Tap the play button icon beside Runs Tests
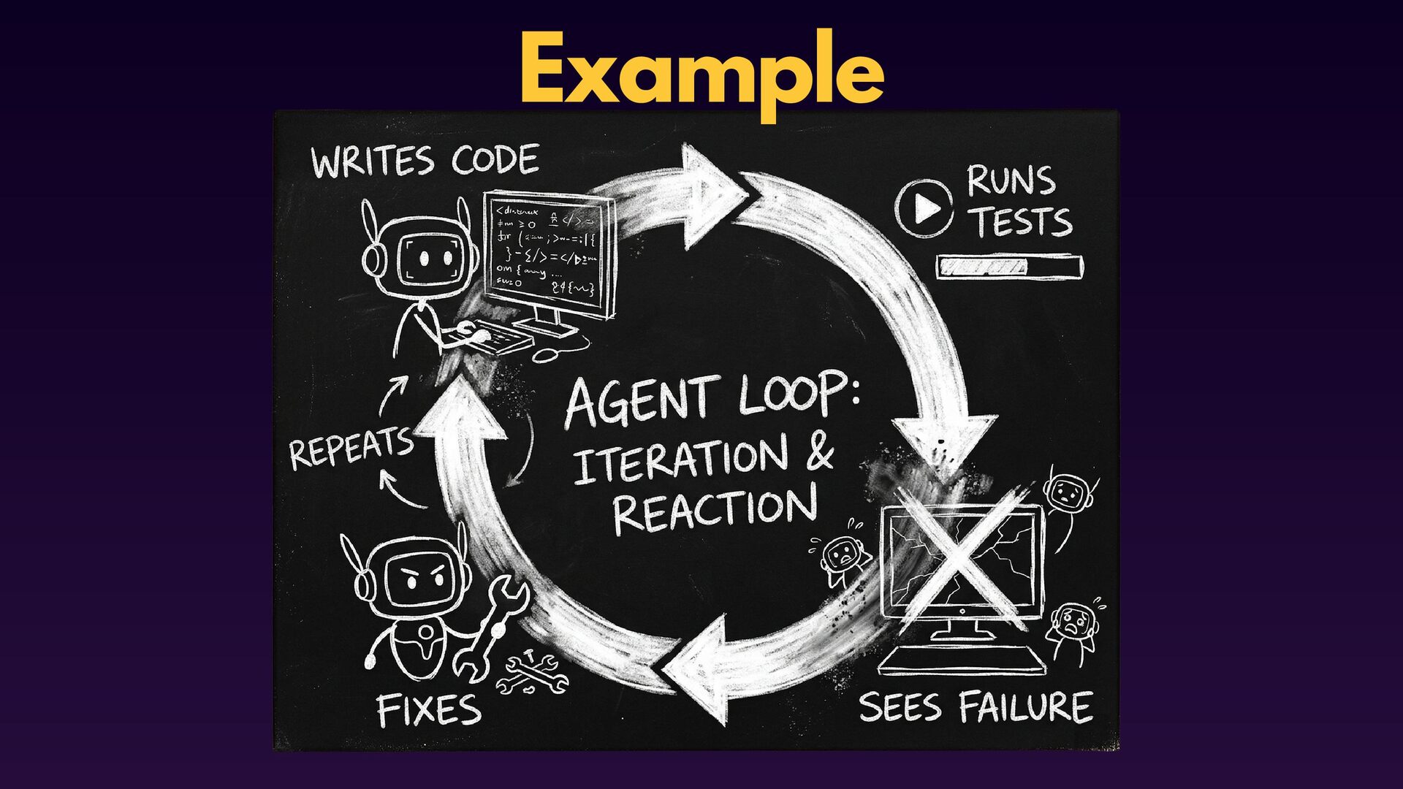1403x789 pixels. (x=925, y=209)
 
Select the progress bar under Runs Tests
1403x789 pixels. (x=1009, y=267)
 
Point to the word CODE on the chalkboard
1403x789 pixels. (x=495, y=159)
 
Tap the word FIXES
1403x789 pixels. (x=429, y=709)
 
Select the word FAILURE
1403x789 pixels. (x=1025, y=707)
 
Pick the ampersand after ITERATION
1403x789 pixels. (x=820, y=452)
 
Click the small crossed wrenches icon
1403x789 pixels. (x=533, y=672)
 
